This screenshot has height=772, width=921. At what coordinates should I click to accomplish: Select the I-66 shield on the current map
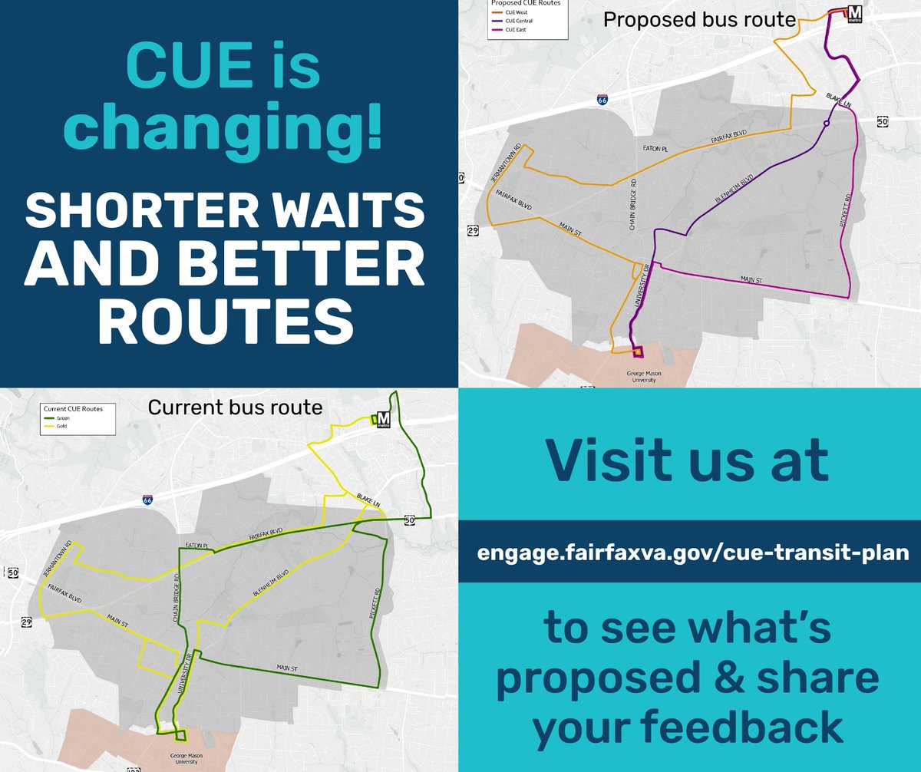pyautogui.click(x=147, y=500)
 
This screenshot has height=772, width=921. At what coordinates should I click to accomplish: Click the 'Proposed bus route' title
pyautogui.click(x=698, y=20)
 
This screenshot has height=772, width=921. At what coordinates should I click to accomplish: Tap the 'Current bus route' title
pyautogui.click(x=235, y=407)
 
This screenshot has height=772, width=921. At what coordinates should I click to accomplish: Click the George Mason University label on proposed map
pyautogui.click(x=637, y=378)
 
